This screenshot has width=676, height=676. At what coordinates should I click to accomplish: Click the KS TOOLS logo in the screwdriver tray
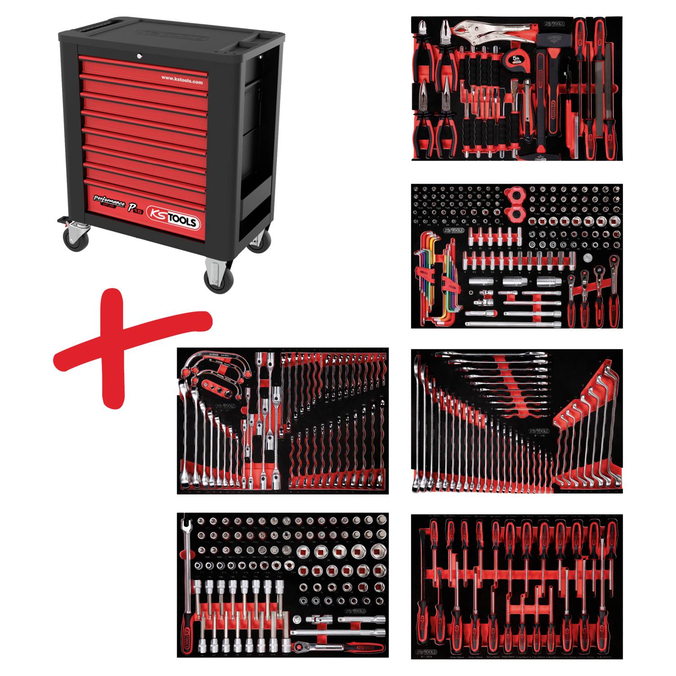pyautogui.click(x=426, y=652)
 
